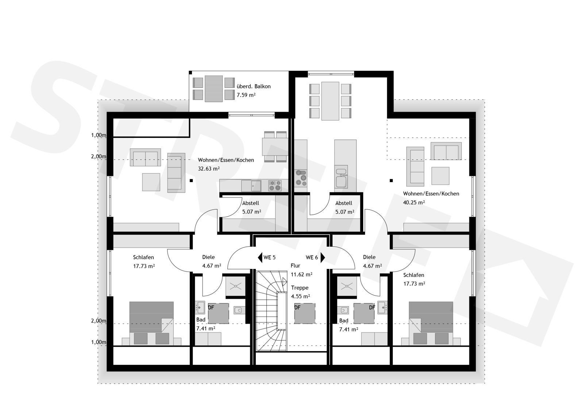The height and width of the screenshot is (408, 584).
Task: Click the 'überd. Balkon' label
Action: click(x=253, y=86)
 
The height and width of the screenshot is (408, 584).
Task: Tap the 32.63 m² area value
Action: click(x=208, y=169)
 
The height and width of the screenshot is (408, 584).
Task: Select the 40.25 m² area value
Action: click(x=414, y=202)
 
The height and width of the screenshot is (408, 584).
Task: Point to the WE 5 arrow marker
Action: click(x=260, y=257)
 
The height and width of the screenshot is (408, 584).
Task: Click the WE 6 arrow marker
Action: click(x=323, y=257)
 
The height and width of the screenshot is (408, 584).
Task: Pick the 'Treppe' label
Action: click(x=300, y=288)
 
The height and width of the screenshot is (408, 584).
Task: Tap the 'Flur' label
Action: click(x=295, y=266)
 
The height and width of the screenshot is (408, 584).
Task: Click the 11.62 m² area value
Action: click(x=301, y=274)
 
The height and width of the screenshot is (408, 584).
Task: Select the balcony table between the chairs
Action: click(x=214, y=89)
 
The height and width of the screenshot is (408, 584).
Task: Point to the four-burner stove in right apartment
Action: click(x=301, y=178)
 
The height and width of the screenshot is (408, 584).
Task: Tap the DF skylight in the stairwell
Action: click(x=304, y=313)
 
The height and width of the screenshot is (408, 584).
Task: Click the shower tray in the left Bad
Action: click(x=235, y=286)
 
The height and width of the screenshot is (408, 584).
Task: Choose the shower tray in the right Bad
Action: click(x=347, y=286)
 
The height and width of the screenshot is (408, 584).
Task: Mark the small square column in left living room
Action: click(x=191, y=180)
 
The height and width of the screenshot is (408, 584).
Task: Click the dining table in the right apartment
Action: click(x=330, y=101)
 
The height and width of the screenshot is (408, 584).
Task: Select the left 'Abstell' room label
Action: click(x=250, y=203)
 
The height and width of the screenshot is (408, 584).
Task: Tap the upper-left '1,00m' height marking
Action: click(x=99, y=135)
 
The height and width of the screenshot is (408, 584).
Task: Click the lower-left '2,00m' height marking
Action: click(x=99, y=321)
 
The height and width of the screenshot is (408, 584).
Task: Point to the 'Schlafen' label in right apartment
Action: click(x=414, y=275)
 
